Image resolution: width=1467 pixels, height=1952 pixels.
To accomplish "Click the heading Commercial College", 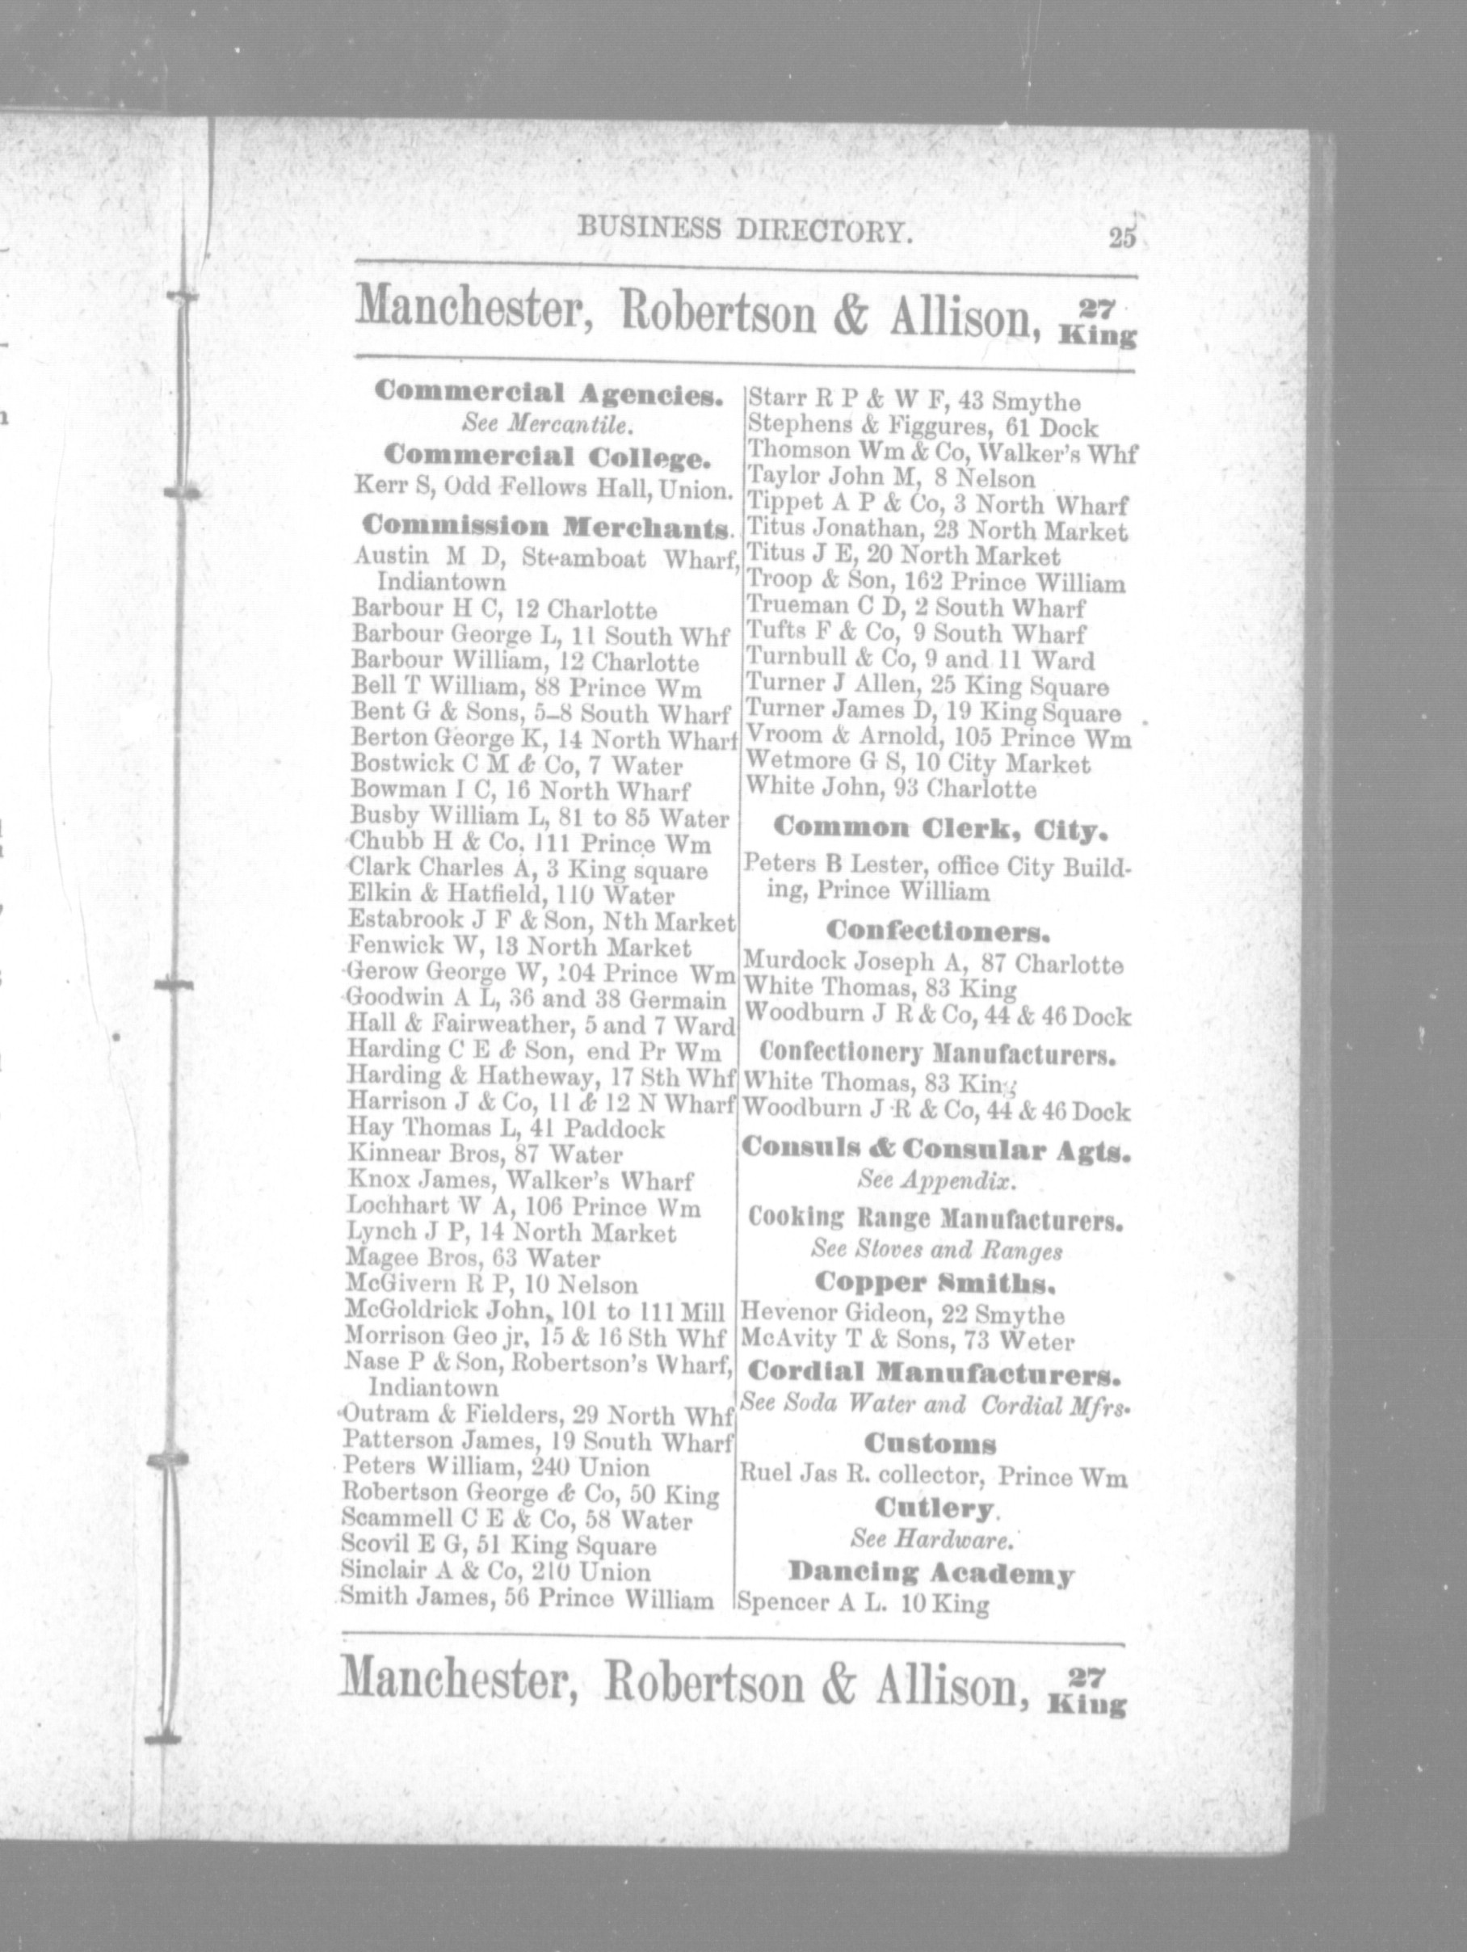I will pyautogui.click(x=548, y=457).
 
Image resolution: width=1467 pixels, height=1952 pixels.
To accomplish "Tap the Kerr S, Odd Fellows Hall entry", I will pyautogui.click(x=544, y=487).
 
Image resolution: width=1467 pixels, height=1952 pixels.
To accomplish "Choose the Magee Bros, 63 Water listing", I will pyautogui.click(x=473, y=1259).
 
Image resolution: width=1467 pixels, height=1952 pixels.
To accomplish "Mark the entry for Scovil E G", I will pyautogui.click(x=498, y=1546).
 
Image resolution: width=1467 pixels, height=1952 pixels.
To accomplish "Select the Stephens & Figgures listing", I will pyautogui.click(x=922, y=428).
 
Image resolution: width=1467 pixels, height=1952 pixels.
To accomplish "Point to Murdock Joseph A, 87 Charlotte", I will pyautogui.click(x=933, y=963).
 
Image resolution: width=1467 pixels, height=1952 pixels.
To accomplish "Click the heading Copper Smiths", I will pyautogui.click(x=932, y=1281).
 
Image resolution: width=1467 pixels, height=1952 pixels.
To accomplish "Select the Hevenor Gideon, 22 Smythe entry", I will pyautogui.click(x=903, y=1315).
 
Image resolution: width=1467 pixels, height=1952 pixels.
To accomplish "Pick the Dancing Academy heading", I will pyautogui.click(x=931, y=1572).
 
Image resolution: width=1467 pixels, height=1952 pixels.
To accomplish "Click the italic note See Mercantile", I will pyautogui.click(x=548, y=425).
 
